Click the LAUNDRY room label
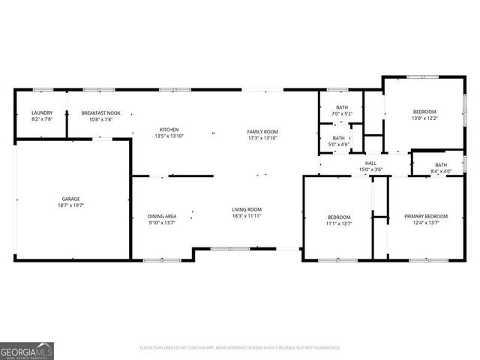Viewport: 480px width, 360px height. tap(41, 112)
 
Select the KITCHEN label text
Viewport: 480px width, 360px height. tap(169, 130)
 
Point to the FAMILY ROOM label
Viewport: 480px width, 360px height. tap(262, 131)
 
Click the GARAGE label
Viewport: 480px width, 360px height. tap(70, 199)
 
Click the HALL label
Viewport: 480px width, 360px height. tap(370, 163)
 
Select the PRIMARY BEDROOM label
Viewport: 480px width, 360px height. tap(426, 216)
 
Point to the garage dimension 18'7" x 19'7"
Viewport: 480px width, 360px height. tap(70, 205)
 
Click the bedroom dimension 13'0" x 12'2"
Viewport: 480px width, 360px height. tap(424, 118)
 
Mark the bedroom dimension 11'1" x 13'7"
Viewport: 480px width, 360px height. tap(339, 223)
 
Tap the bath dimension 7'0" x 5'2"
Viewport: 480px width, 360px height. tap(342, 114)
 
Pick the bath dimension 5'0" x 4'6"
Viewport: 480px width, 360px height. tap(339, 144)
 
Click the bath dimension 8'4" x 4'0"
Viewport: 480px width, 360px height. tap(441, 171)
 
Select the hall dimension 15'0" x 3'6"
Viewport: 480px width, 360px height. tap(370, 169)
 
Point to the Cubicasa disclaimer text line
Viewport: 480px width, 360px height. tap(240, 348)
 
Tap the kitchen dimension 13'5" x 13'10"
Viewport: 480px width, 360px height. tap(169, 136)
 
